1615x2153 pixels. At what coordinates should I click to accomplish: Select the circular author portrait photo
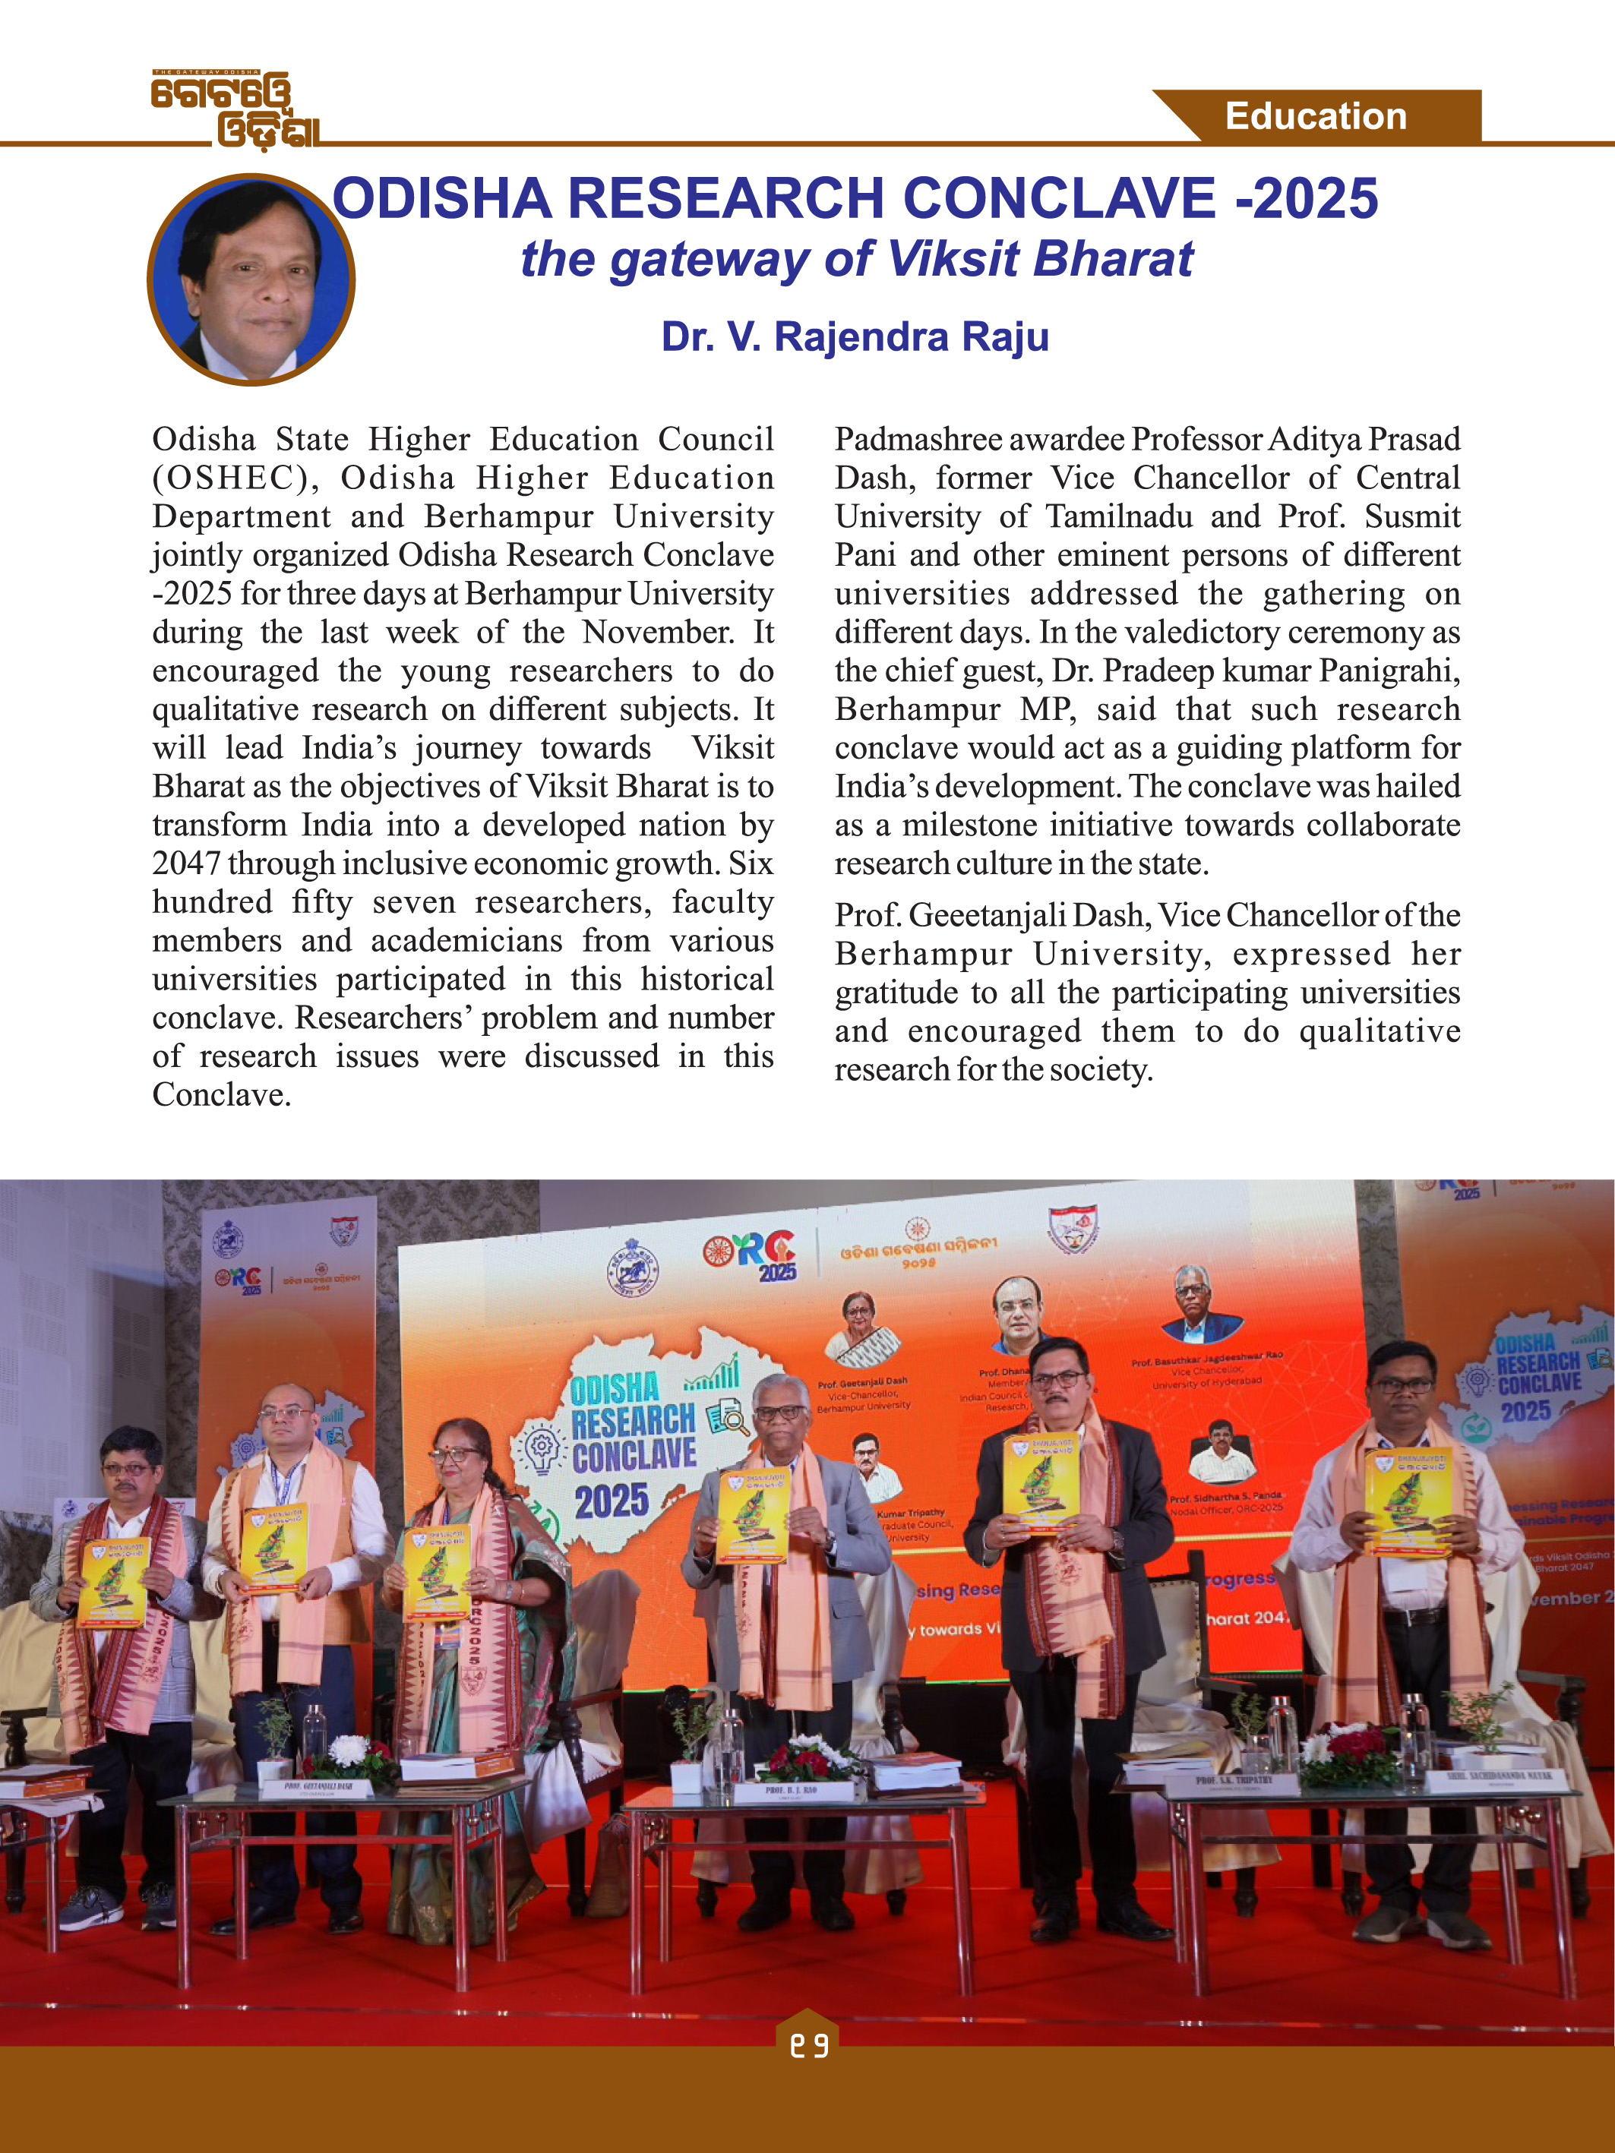click(251, 280)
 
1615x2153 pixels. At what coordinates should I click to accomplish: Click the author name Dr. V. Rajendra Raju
click(855, 336)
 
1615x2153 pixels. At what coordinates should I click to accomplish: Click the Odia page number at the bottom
click(808, 2046)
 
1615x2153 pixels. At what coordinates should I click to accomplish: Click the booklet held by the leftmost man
click(114, 1583)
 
